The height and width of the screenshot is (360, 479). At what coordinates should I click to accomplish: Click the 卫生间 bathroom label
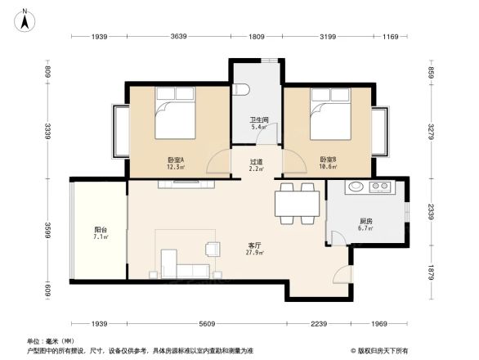(x=260, y=124)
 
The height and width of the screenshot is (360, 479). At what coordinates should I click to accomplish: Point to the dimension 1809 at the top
(x=256, y=37)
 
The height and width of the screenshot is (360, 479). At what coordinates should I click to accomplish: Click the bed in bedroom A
(x=175, y=115)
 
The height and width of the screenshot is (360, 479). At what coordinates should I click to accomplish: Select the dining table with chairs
(x=297, y=202)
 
